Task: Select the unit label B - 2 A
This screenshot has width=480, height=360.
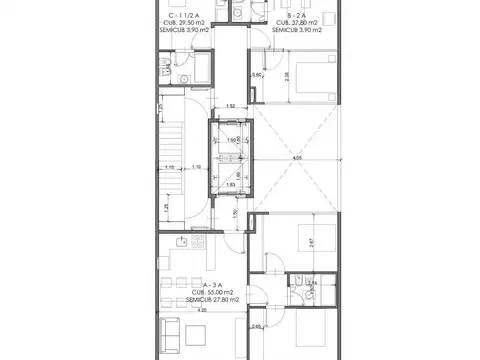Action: click(x=296, y=18)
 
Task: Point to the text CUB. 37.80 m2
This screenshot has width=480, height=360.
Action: click(x=297, y=25)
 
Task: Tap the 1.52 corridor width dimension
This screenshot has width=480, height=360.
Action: click(x=229, y=106)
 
